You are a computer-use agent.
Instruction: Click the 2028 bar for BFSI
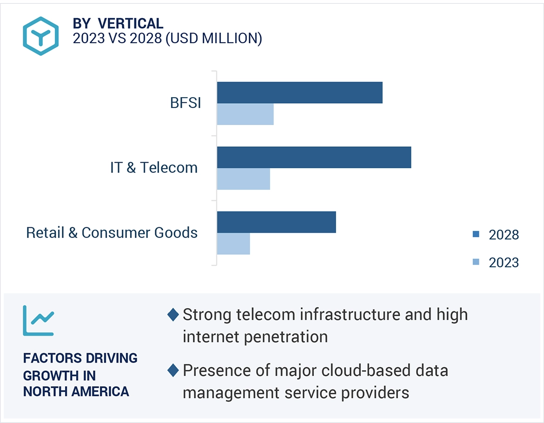coord(299,93)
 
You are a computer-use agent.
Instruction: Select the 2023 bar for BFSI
coord(245,114)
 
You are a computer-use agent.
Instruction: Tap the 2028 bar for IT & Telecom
coord(314,157)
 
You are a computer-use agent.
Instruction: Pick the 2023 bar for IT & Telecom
coord(243,179)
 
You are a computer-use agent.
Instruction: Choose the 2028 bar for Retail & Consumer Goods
coord(276,222)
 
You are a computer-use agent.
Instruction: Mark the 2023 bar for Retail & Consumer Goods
coord(233,244)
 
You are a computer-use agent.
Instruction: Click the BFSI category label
coord(186,103)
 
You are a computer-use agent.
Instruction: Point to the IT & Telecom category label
coord(154,167)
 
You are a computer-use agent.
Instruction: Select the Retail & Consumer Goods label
coord(112,232)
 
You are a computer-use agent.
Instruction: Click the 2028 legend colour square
coord(476,234)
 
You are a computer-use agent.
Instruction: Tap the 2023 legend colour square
coord(476,262)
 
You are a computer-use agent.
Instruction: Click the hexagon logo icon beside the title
coord(41,36)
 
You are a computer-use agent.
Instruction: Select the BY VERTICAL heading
coord(118,23)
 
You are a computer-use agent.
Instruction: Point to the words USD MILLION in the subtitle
coord(213,38)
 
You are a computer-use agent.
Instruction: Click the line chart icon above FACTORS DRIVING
coord(39,320)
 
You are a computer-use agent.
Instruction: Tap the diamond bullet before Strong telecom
coord(173,315)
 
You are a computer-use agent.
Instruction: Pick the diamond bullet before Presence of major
coord(173,370)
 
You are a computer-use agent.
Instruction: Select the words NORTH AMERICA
coord(76,391)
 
